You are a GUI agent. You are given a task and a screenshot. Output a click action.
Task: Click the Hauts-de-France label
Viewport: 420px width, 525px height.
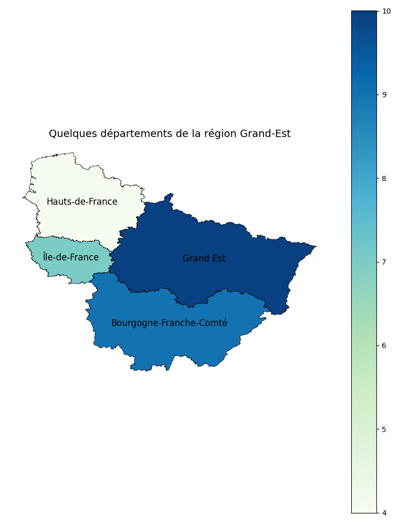point(82,202)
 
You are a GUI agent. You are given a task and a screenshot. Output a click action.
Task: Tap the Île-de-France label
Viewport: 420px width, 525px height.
point(71,257)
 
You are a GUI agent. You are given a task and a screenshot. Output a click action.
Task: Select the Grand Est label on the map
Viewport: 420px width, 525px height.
point(204,259)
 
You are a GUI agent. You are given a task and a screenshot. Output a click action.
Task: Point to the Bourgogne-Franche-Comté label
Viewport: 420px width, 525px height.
point(169,323)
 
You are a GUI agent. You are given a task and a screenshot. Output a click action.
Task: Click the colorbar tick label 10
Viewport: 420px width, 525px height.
point(387,11)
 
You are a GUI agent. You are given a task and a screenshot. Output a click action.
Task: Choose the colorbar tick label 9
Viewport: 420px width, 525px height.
point(385,94)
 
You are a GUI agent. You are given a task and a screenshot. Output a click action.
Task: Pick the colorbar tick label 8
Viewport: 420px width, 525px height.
point(385,178)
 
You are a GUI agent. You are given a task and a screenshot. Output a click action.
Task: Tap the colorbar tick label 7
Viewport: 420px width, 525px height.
point(385,262)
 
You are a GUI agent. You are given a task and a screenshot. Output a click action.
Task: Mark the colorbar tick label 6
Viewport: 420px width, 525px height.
point(385,345)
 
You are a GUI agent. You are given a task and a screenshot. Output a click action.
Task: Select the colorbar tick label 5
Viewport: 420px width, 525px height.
point(385,429)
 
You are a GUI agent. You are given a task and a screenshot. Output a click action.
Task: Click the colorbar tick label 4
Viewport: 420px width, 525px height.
point(385,513)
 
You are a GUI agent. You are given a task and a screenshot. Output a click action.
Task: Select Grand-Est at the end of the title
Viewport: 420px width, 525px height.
point(265,134)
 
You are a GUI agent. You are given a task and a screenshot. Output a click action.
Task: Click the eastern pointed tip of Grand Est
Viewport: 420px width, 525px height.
point(315,246)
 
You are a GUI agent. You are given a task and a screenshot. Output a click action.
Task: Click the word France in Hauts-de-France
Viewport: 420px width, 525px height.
point(103,202)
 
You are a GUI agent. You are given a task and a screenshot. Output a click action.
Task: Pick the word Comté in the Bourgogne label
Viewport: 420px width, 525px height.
point(214,323)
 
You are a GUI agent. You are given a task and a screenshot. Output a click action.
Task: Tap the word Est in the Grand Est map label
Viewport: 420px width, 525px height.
point(218,259)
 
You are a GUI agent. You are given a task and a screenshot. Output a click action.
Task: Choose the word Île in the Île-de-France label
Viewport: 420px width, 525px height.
point(49,257)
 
